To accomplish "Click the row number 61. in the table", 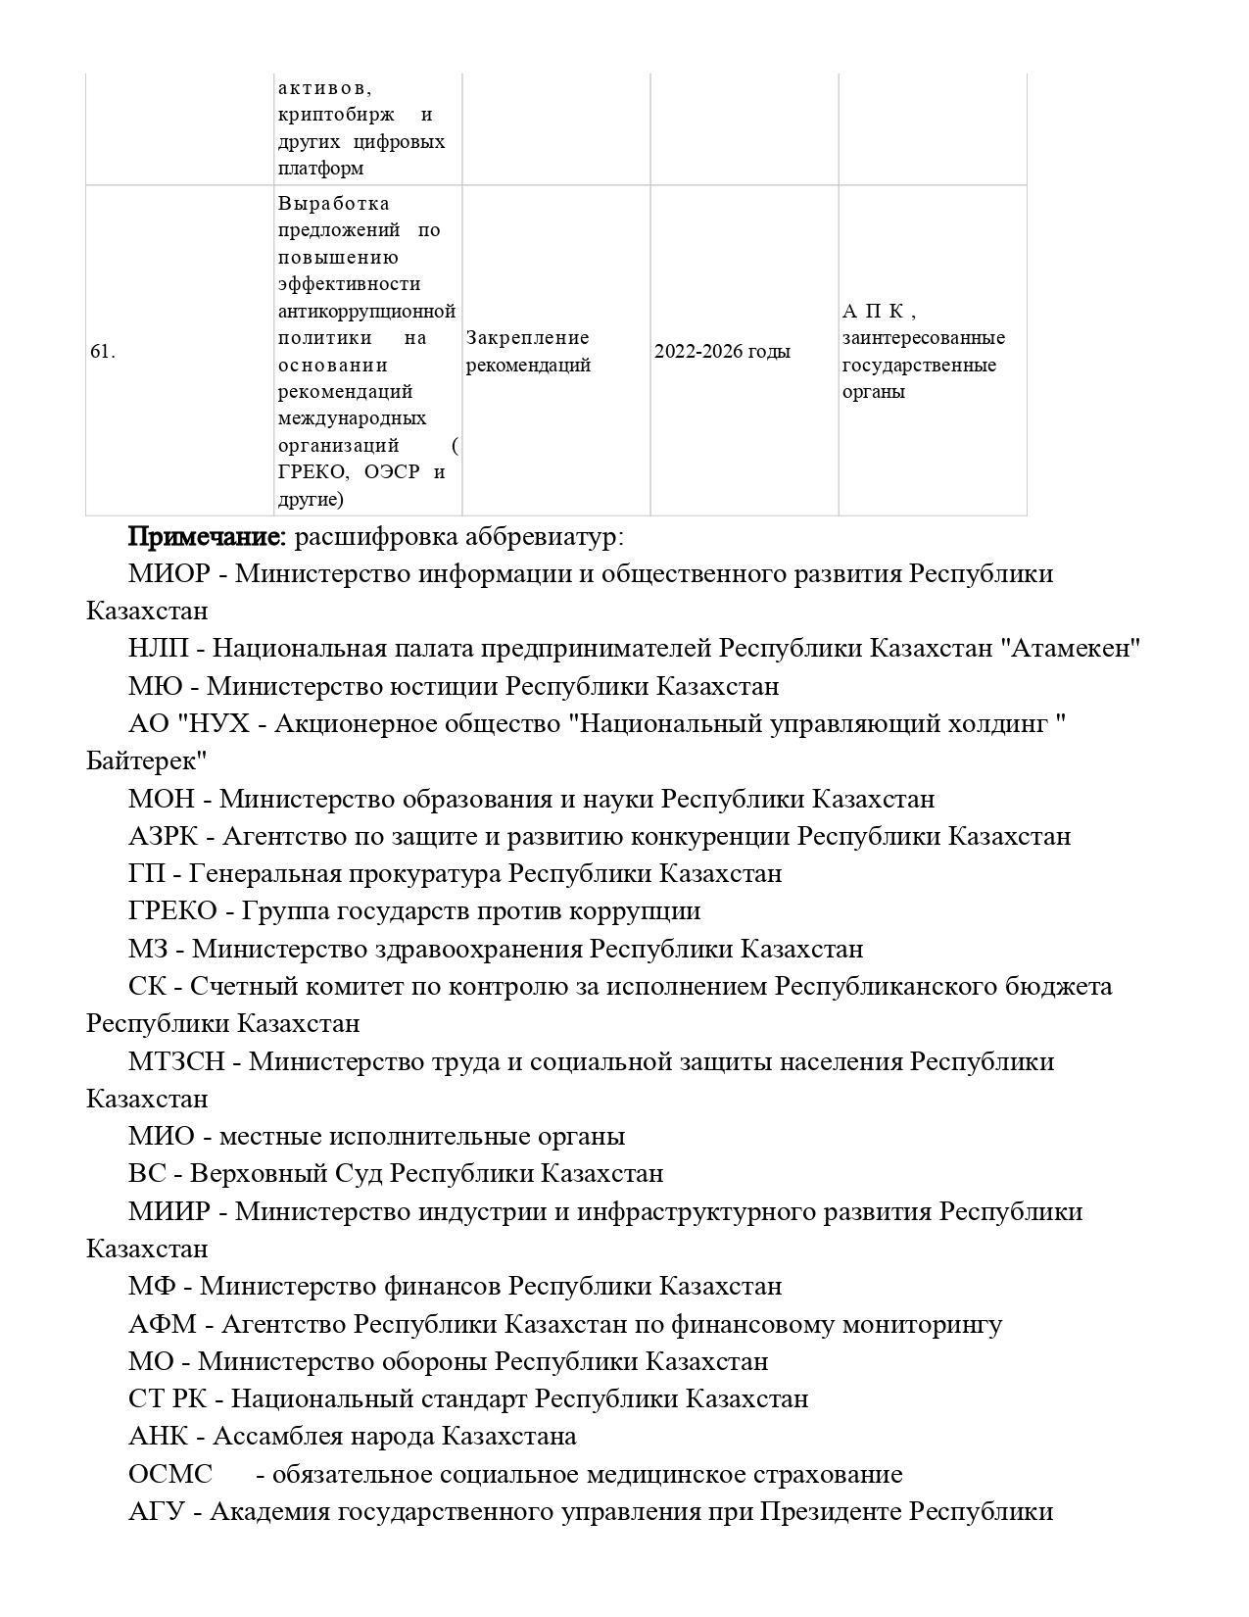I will click(x=102, y=352).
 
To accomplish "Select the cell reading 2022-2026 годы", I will click(x=722, y=352).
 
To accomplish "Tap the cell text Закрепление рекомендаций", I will click(x=528, y=352).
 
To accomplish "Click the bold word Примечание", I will click(x=207, y=537).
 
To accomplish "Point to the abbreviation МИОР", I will click(x=168, y=574).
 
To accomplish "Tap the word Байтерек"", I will click(x=147, y=761).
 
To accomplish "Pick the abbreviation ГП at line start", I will click(x=147, y=874).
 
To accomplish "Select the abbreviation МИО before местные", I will click(x=162, y=1137).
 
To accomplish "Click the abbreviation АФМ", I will click(x=162, y=1325).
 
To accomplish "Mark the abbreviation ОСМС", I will click(x=170, y=1475).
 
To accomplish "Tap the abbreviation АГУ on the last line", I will click(x=156, y=1512).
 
